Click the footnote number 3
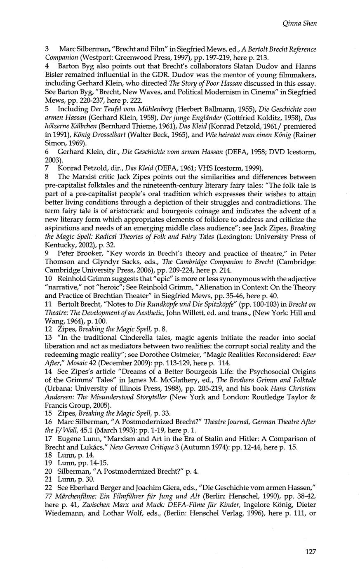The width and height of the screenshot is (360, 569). point(47,49)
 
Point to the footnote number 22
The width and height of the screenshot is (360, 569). point(48,487)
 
